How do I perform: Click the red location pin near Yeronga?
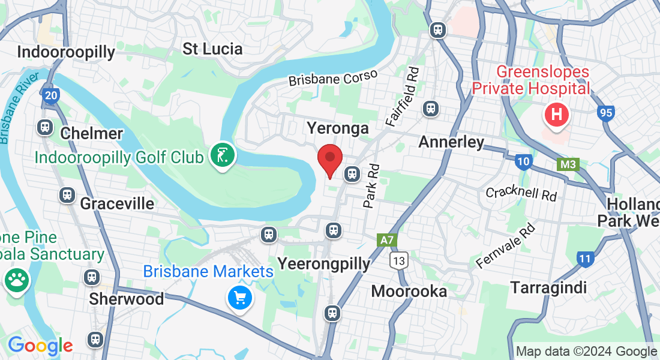click(x=329, y=159)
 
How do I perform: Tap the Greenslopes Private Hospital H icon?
click(x=556, y=115)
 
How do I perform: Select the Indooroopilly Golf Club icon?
click(x=223, y=156)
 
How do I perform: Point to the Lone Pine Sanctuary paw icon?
click(x=16, y=279)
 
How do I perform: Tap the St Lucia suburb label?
click(x=212, y=49)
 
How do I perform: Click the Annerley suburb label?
click(x=451, y=142)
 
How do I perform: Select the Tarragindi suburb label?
click(x=548, y=287)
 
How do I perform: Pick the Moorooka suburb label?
click(x=409, y=292)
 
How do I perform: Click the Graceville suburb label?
click(x=117, y=203)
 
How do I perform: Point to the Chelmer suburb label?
click(x=92, y=133)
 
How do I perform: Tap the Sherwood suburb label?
click(x=126, y=299)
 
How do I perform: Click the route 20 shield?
click(x=51, y=95)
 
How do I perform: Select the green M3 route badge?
click(x=568, y=164)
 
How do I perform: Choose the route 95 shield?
click(x=605, y=112)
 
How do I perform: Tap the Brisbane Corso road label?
click(x=333, y=78)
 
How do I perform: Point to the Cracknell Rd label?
click(x=521, y=193)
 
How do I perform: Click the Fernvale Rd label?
click(x=505, y=247)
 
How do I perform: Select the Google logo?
click(x=40, y=346)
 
